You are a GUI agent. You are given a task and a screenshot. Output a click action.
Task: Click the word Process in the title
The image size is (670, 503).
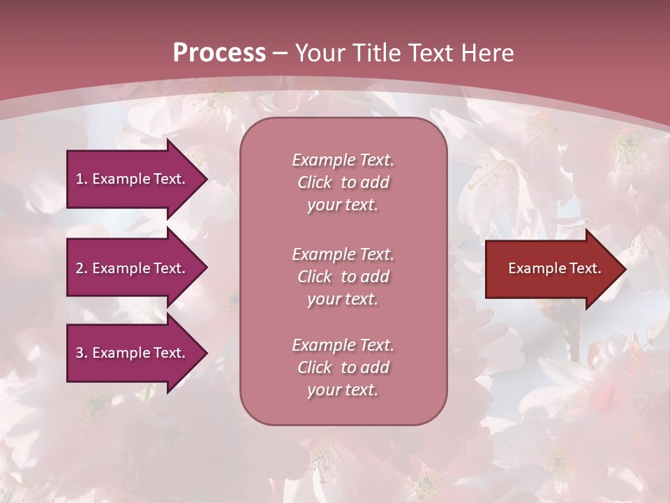point(219,53)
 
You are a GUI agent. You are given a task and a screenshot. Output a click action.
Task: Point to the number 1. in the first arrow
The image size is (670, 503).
point(82,179)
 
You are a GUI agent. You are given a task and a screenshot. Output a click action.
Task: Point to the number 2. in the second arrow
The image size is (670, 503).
point(82,268)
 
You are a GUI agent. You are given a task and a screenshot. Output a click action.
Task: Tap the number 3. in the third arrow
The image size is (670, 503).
point(82,353)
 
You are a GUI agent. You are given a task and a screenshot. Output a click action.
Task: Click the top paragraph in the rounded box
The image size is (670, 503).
point(343,182)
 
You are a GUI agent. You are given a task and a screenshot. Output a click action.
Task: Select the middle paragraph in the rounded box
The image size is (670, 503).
point(343,277)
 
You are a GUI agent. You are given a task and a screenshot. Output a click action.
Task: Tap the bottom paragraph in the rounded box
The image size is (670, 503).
point(343,367)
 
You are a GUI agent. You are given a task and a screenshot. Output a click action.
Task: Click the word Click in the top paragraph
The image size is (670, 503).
point(315,182)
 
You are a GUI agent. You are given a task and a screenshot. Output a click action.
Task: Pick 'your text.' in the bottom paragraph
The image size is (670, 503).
point(343,390)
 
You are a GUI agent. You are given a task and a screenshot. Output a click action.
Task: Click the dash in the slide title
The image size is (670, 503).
point(281,53)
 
